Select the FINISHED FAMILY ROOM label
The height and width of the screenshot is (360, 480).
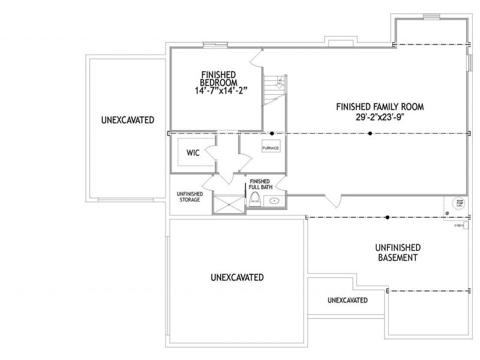380,107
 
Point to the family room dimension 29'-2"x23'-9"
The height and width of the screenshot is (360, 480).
380,118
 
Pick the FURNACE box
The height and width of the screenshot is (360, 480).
270,148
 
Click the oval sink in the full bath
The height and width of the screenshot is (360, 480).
275,201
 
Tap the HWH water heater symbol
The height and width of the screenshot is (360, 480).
458,225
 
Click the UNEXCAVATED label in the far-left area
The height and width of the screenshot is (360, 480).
127,119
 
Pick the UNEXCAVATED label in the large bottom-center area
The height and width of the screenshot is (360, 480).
237,277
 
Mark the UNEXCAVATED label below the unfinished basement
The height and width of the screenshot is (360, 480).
347,300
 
